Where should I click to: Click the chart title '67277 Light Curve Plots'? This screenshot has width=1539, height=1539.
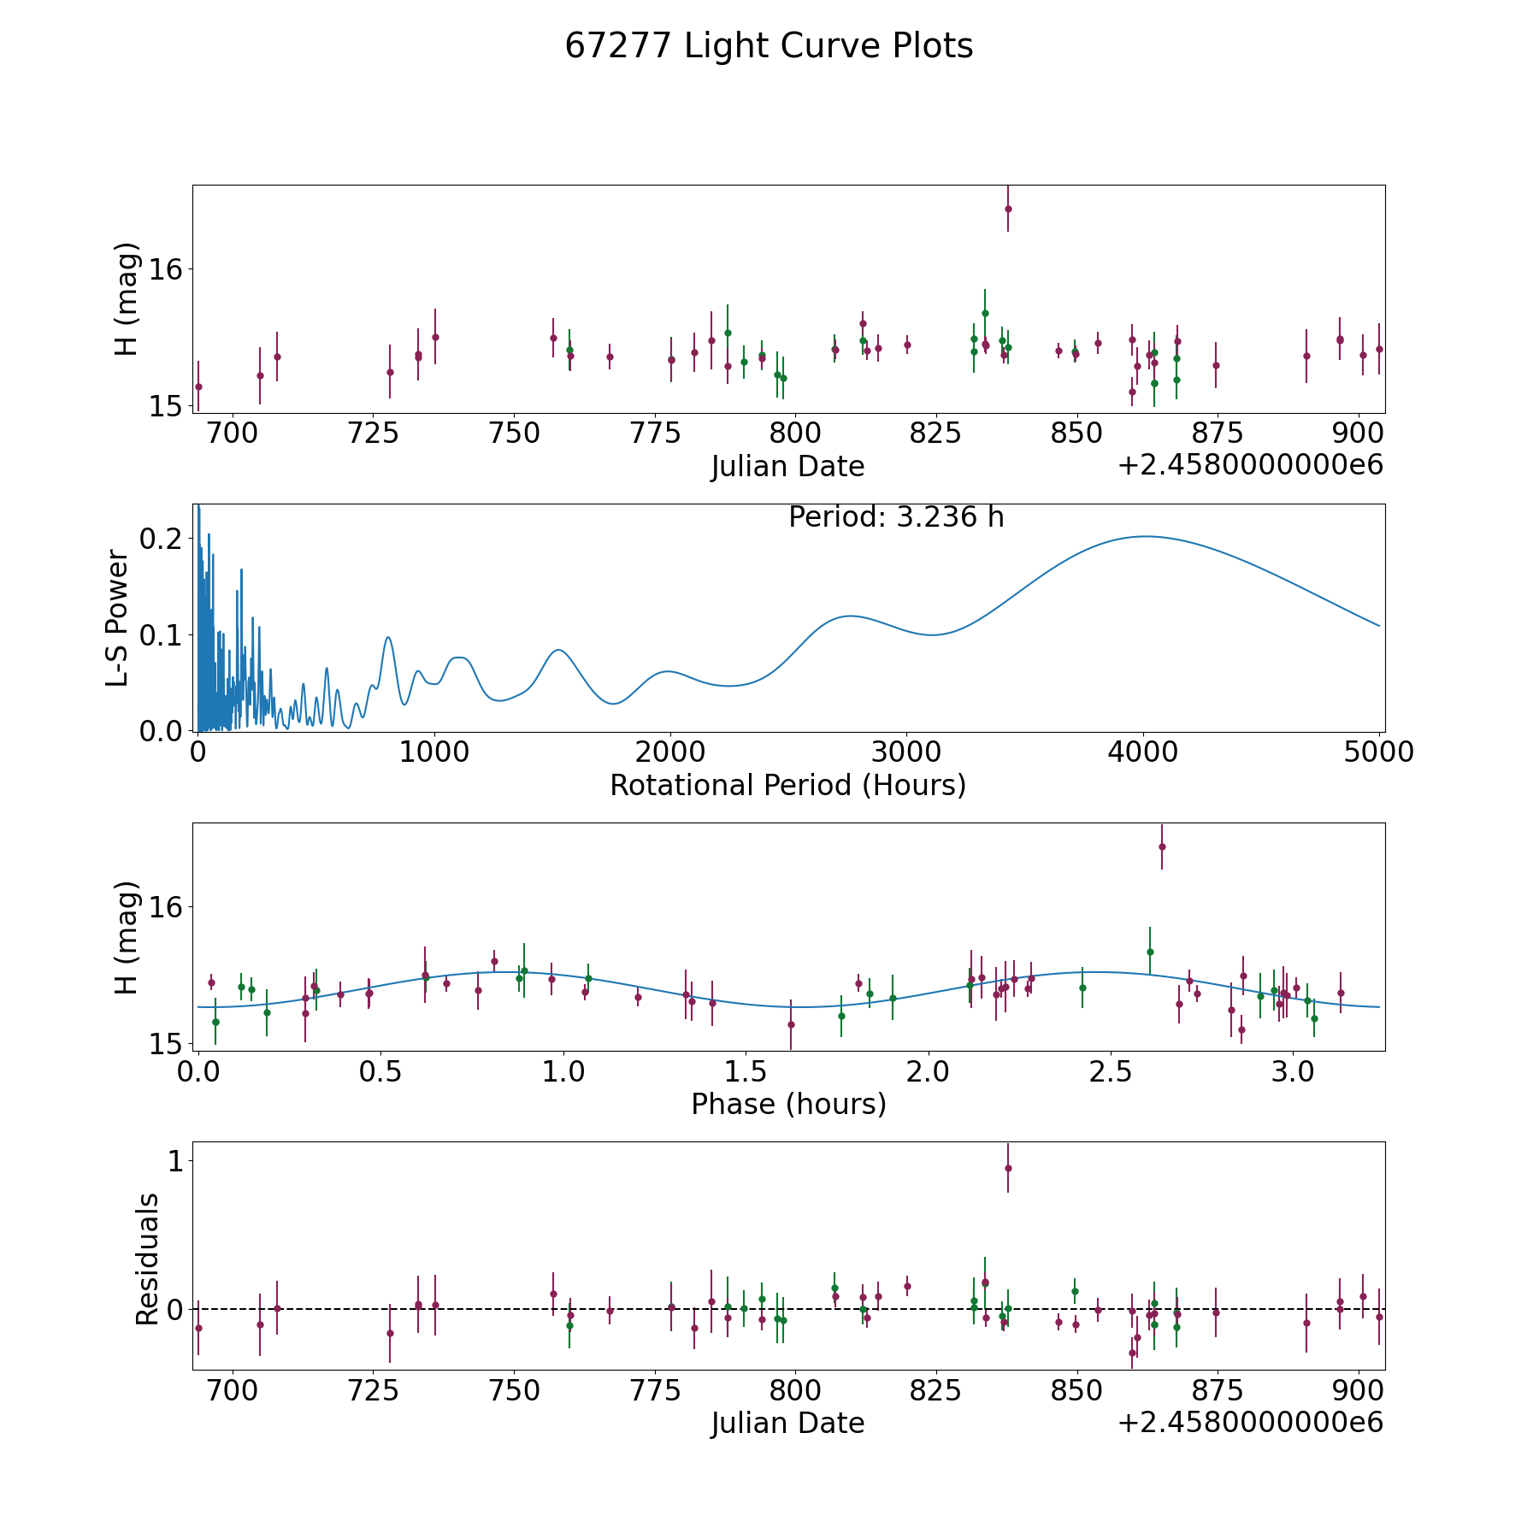769,46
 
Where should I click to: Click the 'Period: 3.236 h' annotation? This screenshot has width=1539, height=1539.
896,516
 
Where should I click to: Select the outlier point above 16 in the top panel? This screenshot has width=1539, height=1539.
1008,209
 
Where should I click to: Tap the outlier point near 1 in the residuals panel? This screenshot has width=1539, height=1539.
1008,1168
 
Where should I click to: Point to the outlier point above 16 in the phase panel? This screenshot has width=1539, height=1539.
1162,846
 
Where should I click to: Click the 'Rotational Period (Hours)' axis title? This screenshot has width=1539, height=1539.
787,785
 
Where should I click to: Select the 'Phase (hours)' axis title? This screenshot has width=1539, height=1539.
788,1104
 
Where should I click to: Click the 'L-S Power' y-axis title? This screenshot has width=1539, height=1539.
118,618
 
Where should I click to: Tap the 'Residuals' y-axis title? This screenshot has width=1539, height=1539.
147,1259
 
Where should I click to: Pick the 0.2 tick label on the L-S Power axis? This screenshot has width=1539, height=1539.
161,539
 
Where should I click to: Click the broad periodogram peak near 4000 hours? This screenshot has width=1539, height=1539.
1144,536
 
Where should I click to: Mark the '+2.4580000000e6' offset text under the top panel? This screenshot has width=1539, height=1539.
1251,466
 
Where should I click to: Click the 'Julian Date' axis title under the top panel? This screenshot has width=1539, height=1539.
787,467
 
